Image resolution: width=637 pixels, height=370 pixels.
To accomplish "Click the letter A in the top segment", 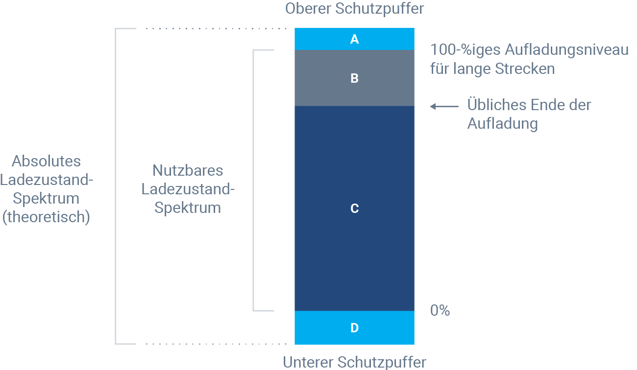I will tap(354, 40).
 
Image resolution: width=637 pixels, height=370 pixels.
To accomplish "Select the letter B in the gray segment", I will tap(354, 78).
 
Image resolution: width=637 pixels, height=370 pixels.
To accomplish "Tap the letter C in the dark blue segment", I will tap(354, 209).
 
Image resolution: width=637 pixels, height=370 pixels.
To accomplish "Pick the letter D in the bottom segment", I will tap(354, 328).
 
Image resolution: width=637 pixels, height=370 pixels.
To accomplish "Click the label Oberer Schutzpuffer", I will tap(354, 8).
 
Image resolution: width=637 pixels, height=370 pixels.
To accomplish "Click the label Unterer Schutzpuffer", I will tap(354, 362).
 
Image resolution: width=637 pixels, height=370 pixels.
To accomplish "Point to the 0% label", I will tap(440, 311).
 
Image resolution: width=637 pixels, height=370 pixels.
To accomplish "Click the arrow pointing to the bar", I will tap(444, 106).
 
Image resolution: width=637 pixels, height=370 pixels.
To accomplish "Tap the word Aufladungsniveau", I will tap(567, 50).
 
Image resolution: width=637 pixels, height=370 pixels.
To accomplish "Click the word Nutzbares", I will tap(188, 170).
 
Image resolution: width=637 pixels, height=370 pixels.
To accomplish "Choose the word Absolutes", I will tap(47, 161).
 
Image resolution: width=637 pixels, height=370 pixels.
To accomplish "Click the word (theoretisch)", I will tap(47, 217).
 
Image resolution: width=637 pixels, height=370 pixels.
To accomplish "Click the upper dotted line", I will tap(216, 29).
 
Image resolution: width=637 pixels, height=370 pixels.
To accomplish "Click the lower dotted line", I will tap(216, 344).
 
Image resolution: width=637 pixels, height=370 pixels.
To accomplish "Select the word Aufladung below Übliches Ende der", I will tap(502, 124).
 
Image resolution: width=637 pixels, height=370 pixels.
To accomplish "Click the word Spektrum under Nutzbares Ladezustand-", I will tap(188, 208).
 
